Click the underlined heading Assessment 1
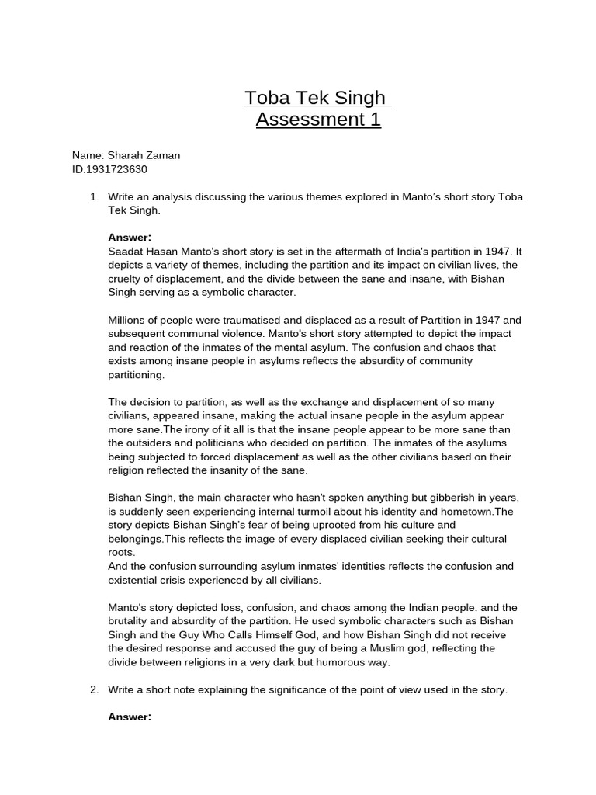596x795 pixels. [318, 120]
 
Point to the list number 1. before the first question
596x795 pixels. [95, 197]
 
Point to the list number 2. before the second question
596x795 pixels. [95, 689]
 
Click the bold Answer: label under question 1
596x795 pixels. [130, 238]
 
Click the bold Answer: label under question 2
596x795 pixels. [130, 717]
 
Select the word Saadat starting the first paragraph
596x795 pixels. [126, 252]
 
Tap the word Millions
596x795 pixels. [128, 320]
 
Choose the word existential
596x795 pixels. [136, 580]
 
